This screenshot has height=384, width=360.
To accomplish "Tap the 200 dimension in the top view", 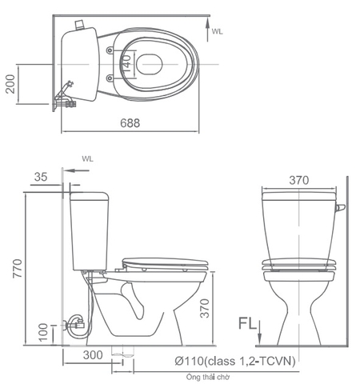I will click(x=10, y=82).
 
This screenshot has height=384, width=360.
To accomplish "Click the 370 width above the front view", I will click(x=298, y=181).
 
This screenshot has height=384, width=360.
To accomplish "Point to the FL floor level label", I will click(x=247, y=323).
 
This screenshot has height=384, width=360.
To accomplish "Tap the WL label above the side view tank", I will click(x=86, y=159).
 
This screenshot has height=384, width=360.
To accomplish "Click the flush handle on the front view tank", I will click(x=341, y=209).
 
